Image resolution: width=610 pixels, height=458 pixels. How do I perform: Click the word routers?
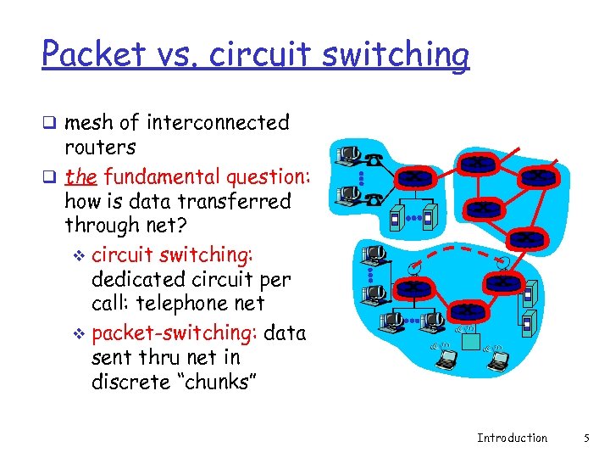pos(100,148)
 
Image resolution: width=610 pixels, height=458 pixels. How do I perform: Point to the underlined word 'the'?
pos(80,176)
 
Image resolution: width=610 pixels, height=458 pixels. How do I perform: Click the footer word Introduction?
pos(512,438)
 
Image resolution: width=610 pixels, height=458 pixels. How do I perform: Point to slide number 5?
pos(585,438)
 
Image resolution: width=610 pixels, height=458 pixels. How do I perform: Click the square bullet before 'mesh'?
pos(49,124)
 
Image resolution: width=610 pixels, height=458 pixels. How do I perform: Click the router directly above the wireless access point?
pos(467,310)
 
